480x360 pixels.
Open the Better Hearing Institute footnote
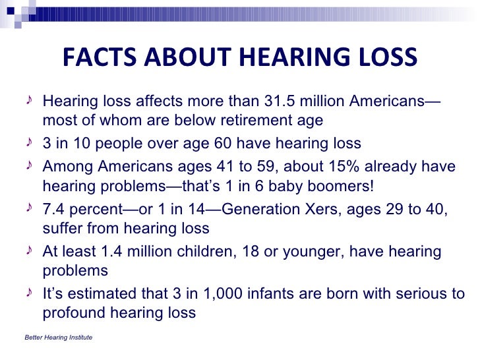click(58, 338)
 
